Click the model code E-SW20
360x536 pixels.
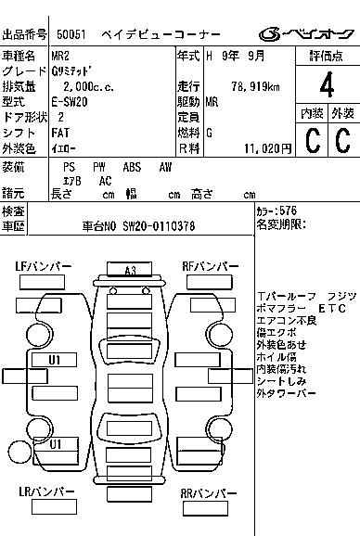pos(72,101)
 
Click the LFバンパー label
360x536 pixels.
pos(44,266)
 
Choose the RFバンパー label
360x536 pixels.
pos(210,266)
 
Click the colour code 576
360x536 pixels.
pos(289,211)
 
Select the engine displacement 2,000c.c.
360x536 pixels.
pos(84,86)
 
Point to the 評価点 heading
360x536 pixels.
pos(327,57)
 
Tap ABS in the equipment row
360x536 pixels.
pos(133,167)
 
